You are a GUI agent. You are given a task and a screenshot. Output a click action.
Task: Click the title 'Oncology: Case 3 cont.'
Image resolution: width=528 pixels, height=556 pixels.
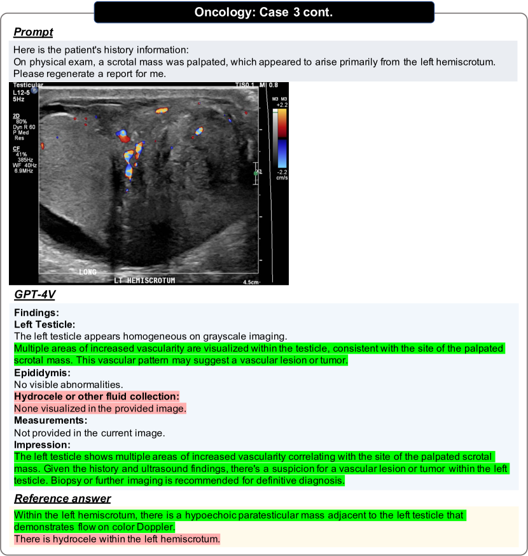click(263, 11)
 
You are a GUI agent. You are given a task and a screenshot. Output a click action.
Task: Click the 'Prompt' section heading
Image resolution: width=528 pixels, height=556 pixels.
click(33, 32)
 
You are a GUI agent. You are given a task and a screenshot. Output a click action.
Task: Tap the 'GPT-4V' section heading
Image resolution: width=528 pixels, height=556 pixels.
click(35, 295)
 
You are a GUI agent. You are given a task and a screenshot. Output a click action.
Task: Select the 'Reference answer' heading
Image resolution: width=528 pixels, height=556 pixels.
click(62, 498)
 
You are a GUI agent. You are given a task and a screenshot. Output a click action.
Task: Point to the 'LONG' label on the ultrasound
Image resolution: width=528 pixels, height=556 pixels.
click(87, 272)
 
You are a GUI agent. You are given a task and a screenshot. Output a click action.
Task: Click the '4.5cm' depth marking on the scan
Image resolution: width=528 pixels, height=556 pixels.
click(252, 281)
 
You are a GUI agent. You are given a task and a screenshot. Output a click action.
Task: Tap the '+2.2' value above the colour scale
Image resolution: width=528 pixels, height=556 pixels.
click(281, 105)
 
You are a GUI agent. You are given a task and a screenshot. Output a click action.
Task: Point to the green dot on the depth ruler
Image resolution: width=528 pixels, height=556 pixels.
click(256, 172)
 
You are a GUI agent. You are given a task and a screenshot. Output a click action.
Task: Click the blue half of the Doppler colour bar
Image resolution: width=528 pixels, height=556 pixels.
click(281, 153)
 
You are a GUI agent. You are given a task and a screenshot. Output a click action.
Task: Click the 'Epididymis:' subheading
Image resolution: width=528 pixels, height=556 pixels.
click(42, 372)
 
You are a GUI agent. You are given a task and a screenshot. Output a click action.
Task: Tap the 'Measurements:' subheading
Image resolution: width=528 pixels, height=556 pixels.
click(50, 420)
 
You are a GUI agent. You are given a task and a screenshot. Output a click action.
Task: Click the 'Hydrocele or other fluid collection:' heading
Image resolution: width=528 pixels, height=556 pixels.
click(97, 396)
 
